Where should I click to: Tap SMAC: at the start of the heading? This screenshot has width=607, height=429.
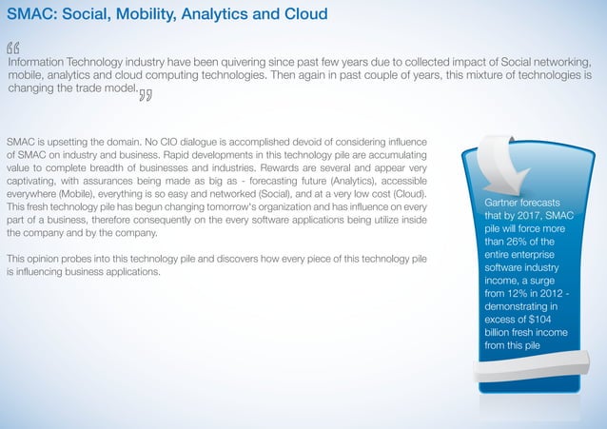(28, 14)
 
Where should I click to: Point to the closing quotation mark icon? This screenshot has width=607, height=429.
(146, 94)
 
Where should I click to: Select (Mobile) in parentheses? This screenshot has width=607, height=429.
(83, 195)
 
